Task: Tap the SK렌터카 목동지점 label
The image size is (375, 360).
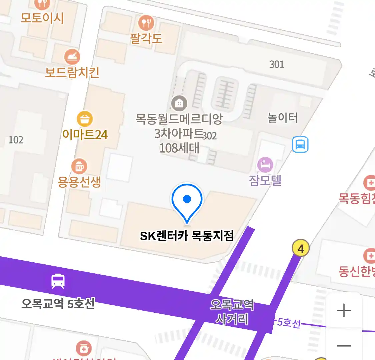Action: pyautogui.click(x=187, y=236)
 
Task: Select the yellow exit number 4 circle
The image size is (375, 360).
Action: pyautogui.click(x=301, y=248)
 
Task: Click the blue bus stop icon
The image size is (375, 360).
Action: pyautogui.click(x=300, y=145)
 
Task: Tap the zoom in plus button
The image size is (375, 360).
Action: pyautogui.click(x=344, y=311)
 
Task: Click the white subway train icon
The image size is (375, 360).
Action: pyautogui.click(x=58, y=281)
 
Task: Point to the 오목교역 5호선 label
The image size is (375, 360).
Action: pyautogui.click(x=58, y=304)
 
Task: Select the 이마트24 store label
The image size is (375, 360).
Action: pyautogui.click(x=85, y=135)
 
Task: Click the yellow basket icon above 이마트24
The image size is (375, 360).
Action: pyautogui.click(x=85, y=118)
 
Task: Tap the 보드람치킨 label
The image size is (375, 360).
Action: pyautogui.click(x=72, y=72)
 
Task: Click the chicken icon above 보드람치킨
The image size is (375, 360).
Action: pyautogui.click(x=72, y=57)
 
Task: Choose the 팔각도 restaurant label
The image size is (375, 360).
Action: pyautogui.click(x=146, y=39)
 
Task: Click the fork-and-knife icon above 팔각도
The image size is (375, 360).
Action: pyautogui.click(x=146, y=23)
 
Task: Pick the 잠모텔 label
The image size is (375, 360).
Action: pyautogui.click(x=265, y=180)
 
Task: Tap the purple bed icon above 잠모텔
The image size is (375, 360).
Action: pyautogui.click(x=265, y=165)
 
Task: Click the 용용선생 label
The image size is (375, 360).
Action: pyautogui.click(x=79, y=182)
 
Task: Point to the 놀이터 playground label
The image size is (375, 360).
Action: pyautogui.click(x=283, y=118)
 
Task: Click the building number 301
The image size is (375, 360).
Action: pyautogui.click(x=277, y=64)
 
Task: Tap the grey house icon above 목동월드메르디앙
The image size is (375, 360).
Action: pyautogui.click(x=179, y=104)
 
